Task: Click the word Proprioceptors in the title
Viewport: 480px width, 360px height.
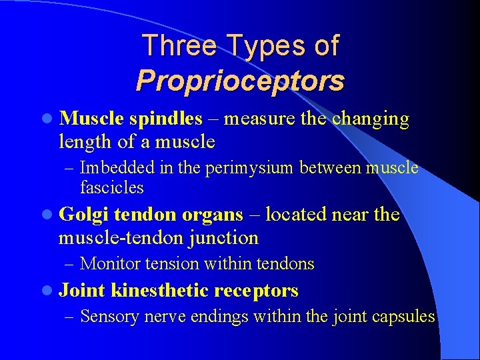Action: [240, 81]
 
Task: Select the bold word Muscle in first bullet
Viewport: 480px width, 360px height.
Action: [91, 119]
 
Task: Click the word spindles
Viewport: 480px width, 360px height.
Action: [165, 119]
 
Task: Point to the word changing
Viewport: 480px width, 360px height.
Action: [371, 119]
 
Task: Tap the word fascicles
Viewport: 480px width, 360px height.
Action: [111, 187]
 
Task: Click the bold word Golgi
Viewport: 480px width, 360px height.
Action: [84, 215]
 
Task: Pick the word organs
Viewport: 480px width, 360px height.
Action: [213, 215]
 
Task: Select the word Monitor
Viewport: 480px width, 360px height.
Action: [108, 264]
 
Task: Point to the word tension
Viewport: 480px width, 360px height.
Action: [170, 264]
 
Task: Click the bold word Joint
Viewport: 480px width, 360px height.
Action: [83, 291]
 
